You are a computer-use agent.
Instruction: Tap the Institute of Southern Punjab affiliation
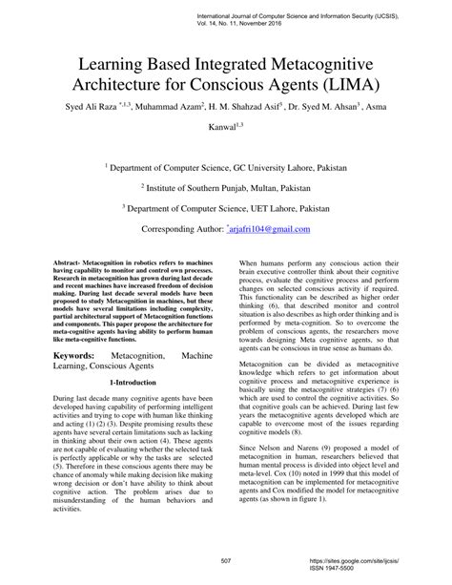pos(226,188)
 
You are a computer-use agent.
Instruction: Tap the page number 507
pos(226,561)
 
